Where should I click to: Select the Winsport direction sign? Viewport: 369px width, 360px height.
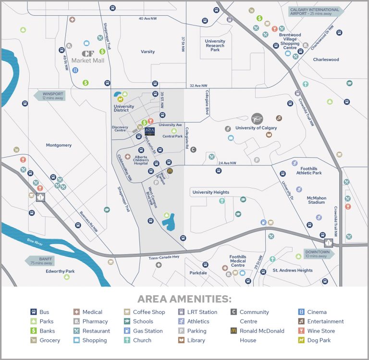click(50, 95)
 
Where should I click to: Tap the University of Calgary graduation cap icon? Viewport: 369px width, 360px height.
click(258, 119)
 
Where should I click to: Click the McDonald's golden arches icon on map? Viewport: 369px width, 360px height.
click(170, 171)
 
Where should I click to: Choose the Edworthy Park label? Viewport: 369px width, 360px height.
click(60, 272)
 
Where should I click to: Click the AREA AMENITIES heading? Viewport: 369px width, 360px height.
click(184, 299)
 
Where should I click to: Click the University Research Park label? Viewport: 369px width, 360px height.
click(215, 45)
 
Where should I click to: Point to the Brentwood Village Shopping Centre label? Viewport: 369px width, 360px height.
click(290, 41)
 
